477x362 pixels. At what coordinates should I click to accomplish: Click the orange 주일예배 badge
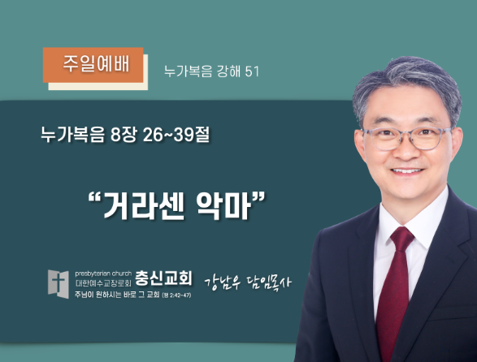[93, 65]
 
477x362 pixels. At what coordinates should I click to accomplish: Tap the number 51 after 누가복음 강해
[252, 71]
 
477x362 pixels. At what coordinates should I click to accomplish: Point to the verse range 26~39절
[176, 135]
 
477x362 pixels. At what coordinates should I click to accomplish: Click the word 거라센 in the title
[144, 206]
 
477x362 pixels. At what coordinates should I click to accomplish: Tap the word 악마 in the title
[223, 206]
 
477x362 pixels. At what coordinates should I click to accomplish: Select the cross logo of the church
[59, 284]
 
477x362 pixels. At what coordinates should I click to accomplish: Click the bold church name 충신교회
[163, 278]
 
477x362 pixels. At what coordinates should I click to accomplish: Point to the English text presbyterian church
[103, 274]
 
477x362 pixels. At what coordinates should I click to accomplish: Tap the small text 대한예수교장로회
[103, 283]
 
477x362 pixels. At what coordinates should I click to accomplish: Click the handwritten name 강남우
[223, 282]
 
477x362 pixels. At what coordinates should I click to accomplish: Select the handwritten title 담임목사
[269, 282]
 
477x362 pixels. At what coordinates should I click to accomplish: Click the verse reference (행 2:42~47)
[177, 295]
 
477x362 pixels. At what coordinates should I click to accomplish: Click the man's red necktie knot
[402, 236]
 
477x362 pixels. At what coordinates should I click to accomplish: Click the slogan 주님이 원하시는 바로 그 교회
[117, 295]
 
